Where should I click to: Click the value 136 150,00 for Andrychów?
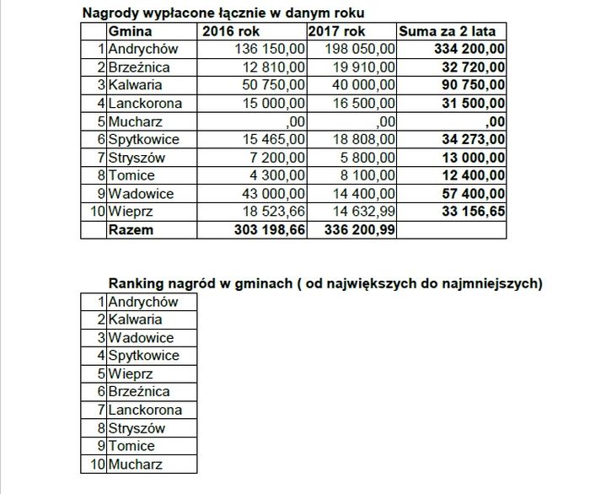pos(270,49)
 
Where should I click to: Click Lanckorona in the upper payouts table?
pos(146,103)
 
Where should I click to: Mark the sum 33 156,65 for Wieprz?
pos(468,212)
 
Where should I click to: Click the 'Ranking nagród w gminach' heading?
pos(325,283)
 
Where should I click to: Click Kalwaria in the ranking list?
pos(135,319)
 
